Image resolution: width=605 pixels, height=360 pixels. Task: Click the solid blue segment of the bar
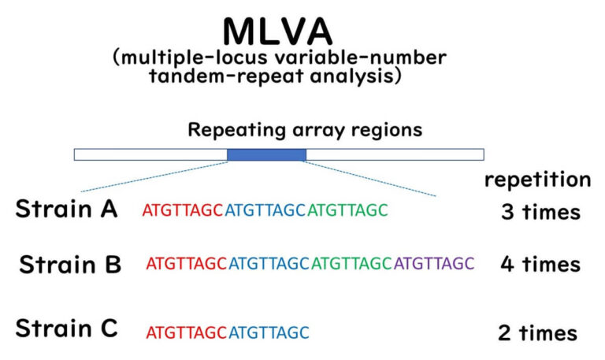pyautogui.click(x=266, y=154)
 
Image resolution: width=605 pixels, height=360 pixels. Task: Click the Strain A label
pyautogui.click(x=66, y=210)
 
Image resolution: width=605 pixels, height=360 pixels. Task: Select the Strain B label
pyautogui.click(x=70, y=263)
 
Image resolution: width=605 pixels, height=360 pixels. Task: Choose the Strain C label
pyautogui.click(x=66, y=328)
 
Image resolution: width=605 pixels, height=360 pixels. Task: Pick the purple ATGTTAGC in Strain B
pyautogui.click(x=434, y=263)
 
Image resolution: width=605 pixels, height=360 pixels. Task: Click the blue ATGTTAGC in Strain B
pyautogui.click(x=270, y=263)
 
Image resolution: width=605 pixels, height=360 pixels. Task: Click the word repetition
pyautogui.click(x=537, y=179)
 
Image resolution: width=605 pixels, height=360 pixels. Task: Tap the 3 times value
pyautogui.click(x=540, y=212)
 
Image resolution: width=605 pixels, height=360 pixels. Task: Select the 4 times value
pyautogui.click(x=540, y=263)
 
